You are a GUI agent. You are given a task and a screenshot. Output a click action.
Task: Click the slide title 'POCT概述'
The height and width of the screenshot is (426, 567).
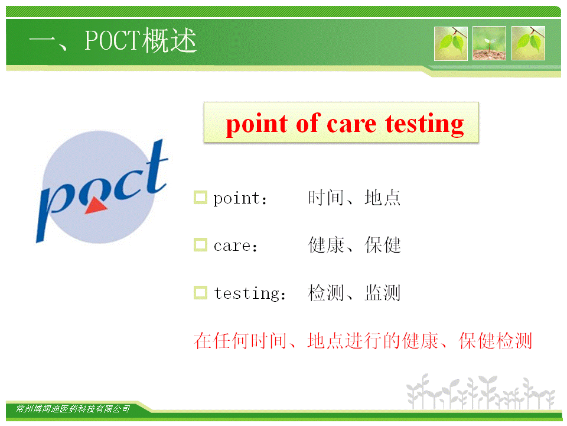[141, 41]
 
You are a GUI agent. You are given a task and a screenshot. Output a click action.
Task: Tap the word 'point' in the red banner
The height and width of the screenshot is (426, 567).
[257, 124]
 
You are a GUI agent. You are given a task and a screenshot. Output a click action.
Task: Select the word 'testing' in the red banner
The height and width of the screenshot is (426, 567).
[424, 124]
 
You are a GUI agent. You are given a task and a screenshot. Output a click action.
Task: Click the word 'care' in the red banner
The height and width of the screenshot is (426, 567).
[351, 125]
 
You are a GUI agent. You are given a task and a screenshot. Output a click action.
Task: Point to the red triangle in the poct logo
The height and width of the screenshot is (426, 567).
[96, 206]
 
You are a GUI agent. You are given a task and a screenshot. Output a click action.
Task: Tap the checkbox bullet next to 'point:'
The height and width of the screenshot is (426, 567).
[200, 198]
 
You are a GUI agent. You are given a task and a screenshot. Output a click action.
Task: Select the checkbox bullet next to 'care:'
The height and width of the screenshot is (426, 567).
[200, 244]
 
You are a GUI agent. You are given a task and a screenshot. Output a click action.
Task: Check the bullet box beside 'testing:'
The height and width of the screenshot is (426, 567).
[200, 293]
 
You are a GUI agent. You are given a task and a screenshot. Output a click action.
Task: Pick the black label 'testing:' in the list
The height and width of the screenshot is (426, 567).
[249, 293]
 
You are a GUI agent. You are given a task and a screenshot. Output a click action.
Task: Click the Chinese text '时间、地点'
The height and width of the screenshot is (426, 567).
[354, 198]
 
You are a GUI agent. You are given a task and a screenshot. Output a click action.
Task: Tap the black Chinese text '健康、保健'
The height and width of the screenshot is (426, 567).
[354, 245]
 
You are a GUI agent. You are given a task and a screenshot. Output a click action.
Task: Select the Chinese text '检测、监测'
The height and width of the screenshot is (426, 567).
[354, 293]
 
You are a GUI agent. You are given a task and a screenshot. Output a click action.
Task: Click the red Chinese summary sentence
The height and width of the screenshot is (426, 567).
[363, 341]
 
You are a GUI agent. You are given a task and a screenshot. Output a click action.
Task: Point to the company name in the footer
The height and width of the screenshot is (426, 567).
[73, 409]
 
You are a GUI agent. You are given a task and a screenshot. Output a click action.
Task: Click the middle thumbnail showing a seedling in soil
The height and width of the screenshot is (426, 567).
[489, 43]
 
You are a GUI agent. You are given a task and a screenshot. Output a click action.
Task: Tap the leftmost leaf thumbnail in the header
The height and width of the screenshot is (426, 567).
[451, 43]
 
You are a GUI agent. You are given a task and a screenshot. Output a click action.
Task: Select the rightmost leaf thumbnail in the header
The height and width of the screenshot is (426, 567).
[528, 43]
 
